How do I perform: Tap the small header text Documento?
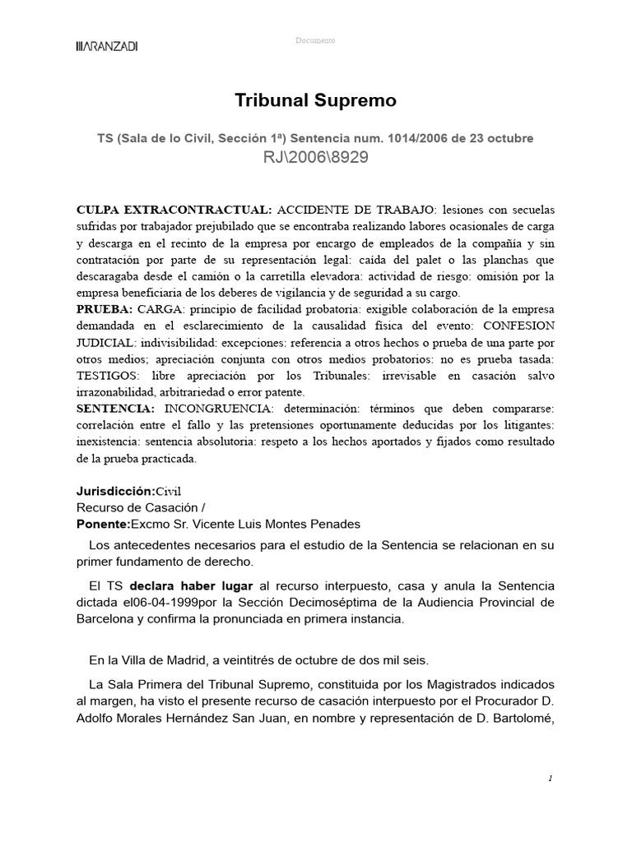315,40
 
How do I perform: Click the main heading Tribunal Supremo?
315,100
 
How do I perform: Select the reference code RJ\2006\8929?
315,158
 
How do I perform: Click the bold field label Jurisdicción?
116,492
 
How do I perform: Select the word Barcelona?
105,618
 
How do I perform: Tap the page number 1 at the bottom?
550,778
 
